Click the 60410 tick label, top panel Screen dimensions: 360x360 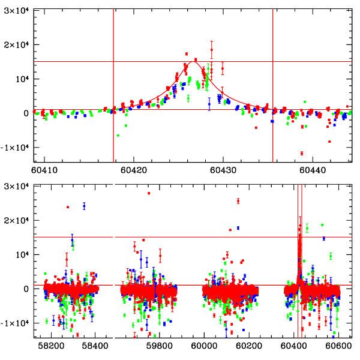tap(44, 170)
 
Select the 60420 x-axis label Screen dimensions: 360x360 tap(134, 170)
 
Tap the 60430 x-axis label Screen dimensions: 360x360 tap(223, 170)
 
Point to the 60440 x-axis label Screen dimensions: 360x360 tap(313, 170)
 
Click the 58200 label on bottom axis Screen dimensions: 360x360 tap(51, 346)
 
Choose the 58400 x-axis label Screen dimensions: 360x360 tap(95, 346)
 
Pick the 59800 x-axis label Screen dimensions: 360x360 tap(159, 346)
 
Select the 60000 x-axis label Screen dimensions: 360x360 tap(204, 346)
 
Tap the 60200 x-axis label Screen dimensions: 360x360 tap(249, 346)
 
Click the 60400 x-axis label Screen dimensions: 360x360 tap(293, 346)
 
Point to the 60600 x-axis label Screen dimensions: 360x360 tap(338, 346)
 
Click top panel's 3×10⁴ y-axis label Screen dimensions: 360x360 tap(16, 11)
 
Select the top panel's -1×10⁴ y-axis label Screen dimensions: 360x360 tap(14, 148)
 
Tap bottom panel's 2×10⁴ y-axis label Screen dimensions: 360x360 tap(16, 220)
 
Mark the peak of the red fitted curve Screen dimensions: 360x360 tap(193, 62)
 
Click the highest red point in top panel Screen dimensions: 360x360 tap(212, 50)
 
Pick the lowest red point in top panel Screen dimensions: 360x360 tap(302, 153)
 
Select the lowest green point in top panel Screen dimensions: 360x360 tap(118, 136)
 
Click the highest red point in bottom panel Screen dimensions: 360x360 tap(149, 193)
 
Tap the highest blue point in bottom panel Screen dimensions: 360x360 tap(84, 206)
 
